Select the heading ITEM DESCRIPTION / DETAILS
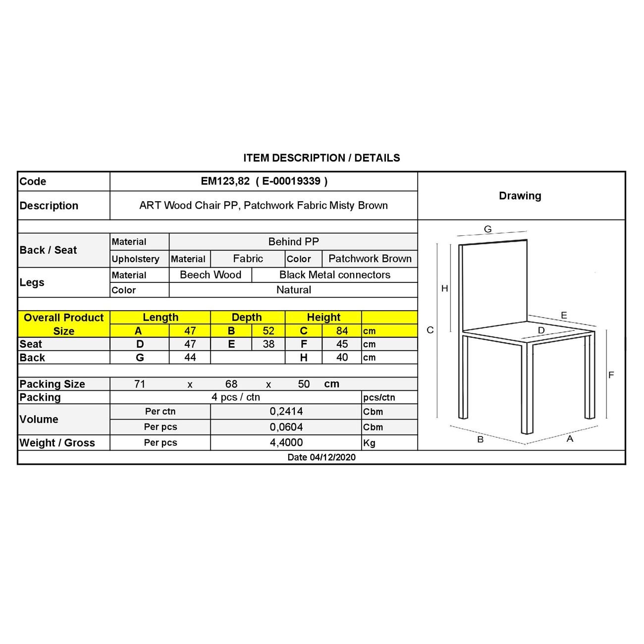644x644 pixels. (x=322, y=158)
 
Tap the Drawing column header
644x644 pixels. (x=520, y=196)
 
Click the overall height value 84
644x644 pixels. (x=342, y=331)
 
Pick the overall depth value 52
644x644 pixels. (x=268, y=331)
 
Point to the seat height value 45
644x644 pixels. (x=342, y=344)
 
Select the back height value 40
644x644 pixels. (x=342, y=358)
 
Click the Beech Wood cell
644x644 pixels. (x=211, y=275)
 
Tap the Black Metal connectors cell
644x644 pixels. (x=335, y=275)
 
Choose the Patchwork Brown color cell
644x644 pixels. (x=370, y=259)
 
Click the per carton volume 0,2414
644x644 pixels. (x=286, y=411)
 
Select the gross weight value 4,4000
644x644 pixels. (x=286, y=442)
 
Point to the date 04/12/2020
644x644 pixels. (x=322, y=457)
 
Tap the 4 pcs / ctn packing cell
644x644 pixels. (x=236, y=397)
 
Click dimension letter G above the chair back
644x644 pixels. (x=488, y=229)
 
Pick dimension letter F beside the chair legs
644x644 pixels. (x=611, y=375)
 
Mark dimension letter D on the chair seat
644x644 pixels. (x=541, y=330)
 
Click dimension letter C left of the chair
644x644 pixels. (x=430, y=330)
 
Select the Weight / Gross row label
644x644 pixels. (x=57, y=443)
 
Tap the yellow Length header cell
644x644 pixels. (x=161, y=318)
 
